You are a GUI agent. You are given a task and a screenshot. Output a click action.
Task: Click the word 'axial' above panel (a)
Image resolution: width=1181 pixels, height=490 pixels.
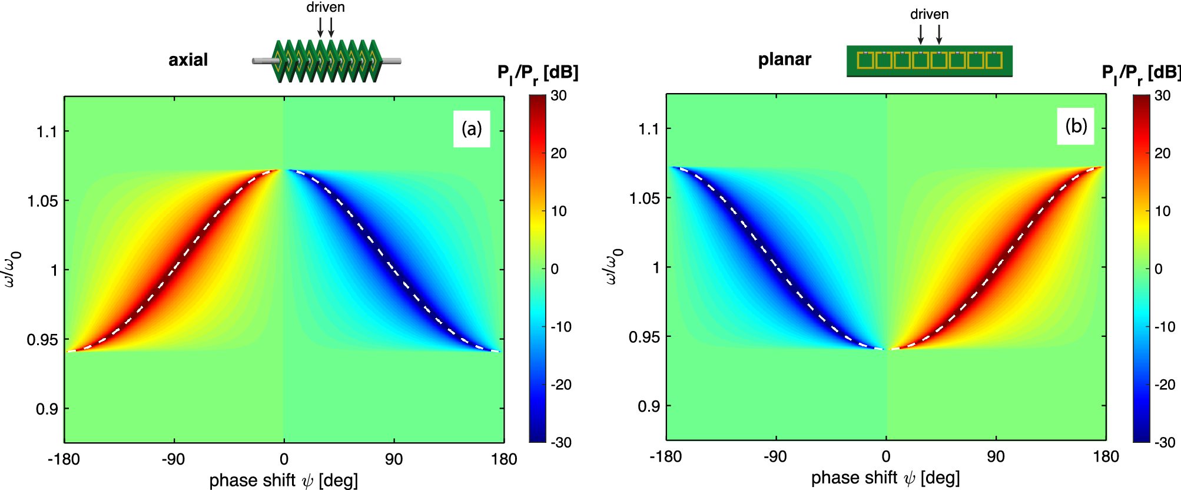[x=188, y=59]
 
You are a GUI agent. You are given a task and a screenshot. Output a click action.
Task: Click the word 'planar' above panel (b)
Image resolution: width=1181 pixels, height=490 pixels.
[x=784, y=59]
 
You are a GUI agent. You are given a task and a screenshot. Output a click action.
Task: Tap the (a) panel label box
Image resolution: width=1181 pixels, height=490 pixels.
[x=472, y=128]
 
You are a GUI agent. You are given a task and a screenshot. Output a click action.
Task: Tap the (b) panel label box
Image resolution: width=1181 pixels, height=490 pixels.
[x=1076, y=126]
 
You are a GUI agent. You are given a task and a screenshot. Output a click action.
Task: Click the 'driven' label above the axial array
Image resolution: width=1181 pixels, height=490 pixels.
[x=325, y=8]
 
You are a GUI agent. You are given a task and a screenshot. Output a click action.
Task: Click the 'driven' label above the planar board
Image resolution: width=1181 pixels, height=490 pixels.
[x=929, y=14]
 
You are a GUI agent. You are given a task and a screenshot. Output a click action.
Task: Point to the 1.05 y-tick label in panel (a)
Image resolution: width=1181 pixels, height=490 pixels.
[x=42, y=201]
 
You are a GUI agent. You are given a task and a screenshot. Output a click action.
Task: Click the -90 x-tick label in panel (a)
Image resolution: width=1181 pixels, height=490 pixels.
[x=173, y=459]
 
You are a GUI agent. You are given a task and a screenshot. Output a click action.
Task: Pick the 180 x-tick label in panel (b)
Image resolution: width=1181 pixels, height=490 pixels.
[x=1106, y=456]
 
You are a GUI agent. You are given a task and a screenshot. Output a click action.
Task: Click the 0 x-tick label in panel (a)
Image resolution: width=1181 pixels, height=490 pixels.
[x=284, y=459]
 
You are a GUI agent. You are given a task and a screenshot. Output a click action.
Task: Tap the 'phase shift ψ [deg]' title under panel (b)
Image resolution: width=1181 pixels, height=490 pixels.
[x=885, y=478]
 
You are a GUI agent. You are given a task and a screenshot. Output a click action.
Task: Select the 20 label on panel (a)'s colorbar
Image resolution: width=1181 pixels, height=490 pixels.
[x=558, y=153]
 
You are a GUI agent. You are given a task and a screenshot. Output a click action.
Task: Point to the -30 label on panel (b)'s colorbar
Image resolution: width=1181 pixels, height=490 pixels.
[x=1163, y=442]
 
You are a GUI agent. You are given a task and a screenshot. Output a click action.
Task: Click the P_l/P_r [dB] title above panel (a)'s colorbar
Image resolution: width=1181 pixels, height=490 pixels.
[x=538, y=73]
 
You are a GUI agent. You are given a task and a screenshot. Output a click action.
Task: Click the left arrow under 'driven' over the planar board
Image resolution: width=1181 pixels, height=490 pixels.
[x=921, y=34]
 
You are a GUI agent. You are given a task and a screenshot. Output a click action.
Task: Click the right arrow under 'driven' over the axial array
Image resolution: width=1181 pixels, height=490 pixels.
[x=331, y=27]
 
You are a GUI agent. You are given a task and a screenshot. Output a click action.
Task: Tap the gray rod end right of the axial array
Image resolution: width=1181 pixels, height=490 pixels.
[x=392, y=60]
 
